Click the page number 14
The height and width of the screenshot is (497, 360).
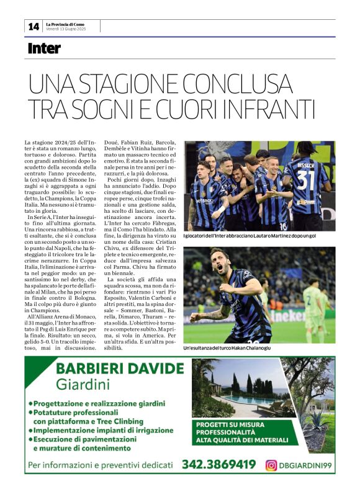33,26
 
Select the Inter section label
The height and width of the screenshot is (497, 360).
45,48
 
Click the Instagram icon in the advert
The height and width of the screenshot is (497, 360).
271,465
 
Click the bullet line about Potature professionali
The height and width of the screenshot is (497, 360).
91,412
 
